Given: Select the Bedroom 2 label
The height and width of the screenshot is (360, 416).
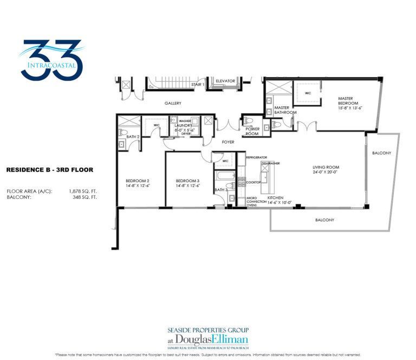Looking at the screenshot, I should tap(137, 181).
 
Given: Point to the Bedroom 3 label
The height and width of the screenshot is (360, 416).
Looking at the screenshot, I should tap(187, 181).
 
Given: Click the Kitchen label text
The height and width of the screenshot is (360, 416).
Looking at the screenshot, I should tap(275, 198).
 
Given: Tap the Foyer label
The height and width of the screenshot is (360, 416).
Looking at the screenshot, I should tap(228, 142).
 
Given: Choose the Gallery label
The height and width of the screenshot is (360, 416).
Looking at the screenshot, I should tap(173, 103).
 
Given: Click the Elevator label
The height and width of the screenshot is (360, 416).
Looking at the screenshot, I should tap(225, 81).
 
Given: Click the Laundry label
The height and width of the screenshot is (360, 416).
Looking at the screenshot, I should tap(184, 125).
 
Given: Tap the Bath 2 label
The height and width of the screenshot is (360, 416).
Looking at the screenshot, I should tap(133, 137).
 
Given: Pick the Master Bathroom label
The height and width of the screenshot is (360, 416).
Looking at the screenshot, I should tap(285, 110).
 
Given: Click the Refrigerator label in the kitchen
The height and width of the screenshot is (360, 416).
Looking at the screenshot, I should tap(257, 157).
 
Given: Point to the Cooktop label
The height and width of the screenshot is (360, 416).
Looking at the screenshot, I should tap(253, 183).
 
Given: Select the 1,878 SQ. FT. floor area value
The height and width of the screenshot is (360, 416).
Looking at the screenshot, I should tap(83, 191).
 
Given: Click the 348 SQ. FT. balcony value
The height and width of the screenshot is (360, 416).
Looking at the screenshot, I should tap(86, 197).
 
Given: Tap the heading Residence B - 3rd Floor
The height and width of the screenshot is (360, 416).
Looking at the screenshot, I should tap(50, 170).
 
